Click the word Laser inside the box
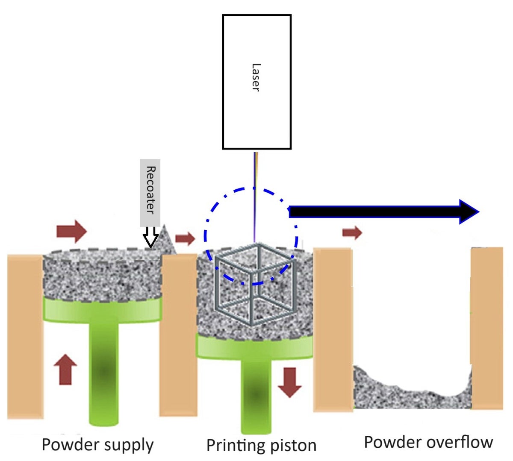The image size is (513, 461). pyautogui.click(x=256, y=77)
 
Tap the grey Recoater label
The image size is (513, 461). pyautogui.click(x=150, y=191)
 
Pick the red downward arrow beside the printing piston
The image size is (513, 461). pyautogui.click(x=290, y=382)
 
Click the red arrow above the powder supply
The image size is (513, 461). pyautogui.click(x=71, y=231)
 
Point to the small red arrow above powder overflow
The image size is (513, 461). pyautogui.click(x=352, y=232)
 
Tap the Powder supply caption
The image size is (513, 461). pyautogui.click(x=97, y=444)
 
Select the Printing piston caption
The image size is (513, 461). pyautogui.click(x=261, y=445)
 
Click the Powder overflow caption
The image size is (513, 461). pyautogui.click(x=428, y=442)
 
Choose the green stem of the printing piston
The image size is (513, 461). pyautogui.click(x=256, y=393)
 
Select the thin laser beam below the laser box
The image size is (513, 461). pyautogui.click(x=255, y=197)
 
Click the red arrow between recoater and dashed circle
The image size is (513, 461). pyautogui.click(x=185, y=238)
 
